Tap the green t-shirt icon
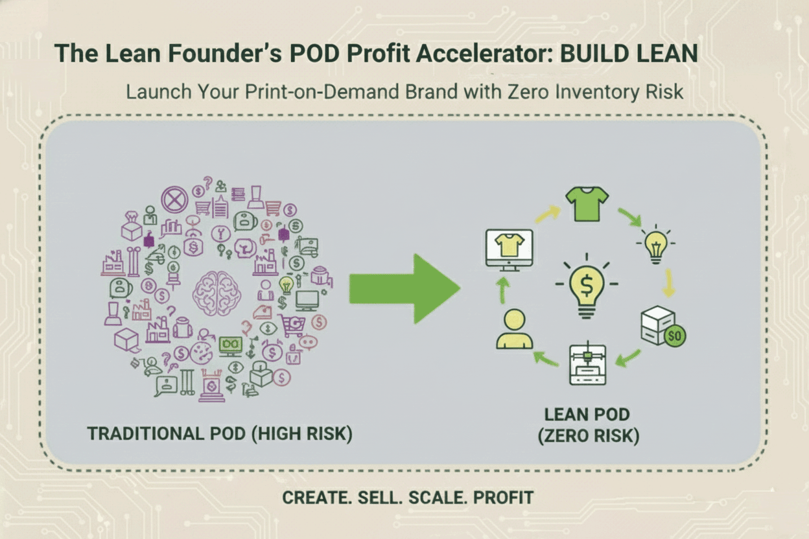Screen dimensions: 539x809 (x=587, y=203)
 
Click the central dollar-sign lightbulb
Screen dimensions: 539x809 (x=586, y=288)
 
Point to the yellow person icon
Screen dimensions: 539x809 (x=514, y=329)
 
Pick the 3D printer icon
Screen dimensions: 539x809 (x=587, y=365)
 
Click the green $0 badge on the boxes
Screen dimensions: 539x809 (x=675, y=336)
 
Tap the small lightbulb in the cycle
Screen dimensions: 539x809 (x=655, y=245)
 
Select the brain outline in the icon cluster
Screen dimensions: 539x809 (x=217, y=293)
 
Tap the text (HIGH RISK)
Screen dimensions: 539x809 (x=302, y=433)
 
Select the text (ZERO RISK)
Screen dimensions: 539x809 (x=588, y=436)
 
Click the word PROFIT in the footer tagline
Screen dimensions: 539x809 (x=503, y=498)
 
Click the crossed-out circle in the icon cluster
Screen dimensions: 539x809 (x=174, y=200)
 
